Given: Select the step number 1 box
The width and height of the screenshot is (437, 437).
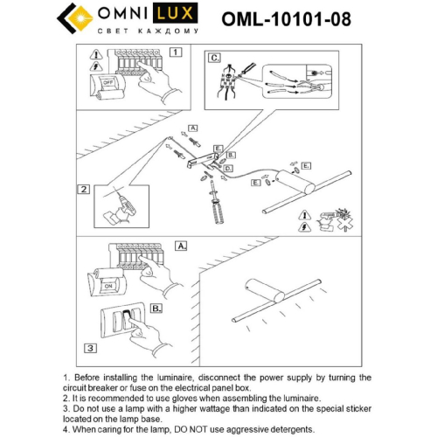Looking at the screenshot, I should point(175,52).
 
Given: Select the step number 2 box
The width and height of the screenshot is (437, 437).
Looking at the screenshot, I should point(83,188).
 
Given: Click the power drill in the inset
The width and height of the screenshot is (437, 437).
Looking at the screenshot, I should point(120,208).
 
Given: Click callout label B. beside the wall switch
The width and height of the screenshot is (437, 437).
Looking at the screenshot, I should point(156,308).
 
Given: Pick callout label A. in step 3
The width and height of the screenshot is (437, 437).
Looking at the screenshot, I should point(181,246).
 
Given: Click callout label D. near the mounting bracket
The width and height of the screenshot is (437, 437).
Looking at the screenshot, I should point(228,167).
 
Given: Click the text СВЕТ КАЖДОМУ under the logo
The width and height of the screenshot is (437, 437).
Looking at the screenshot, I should point(153,31).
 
